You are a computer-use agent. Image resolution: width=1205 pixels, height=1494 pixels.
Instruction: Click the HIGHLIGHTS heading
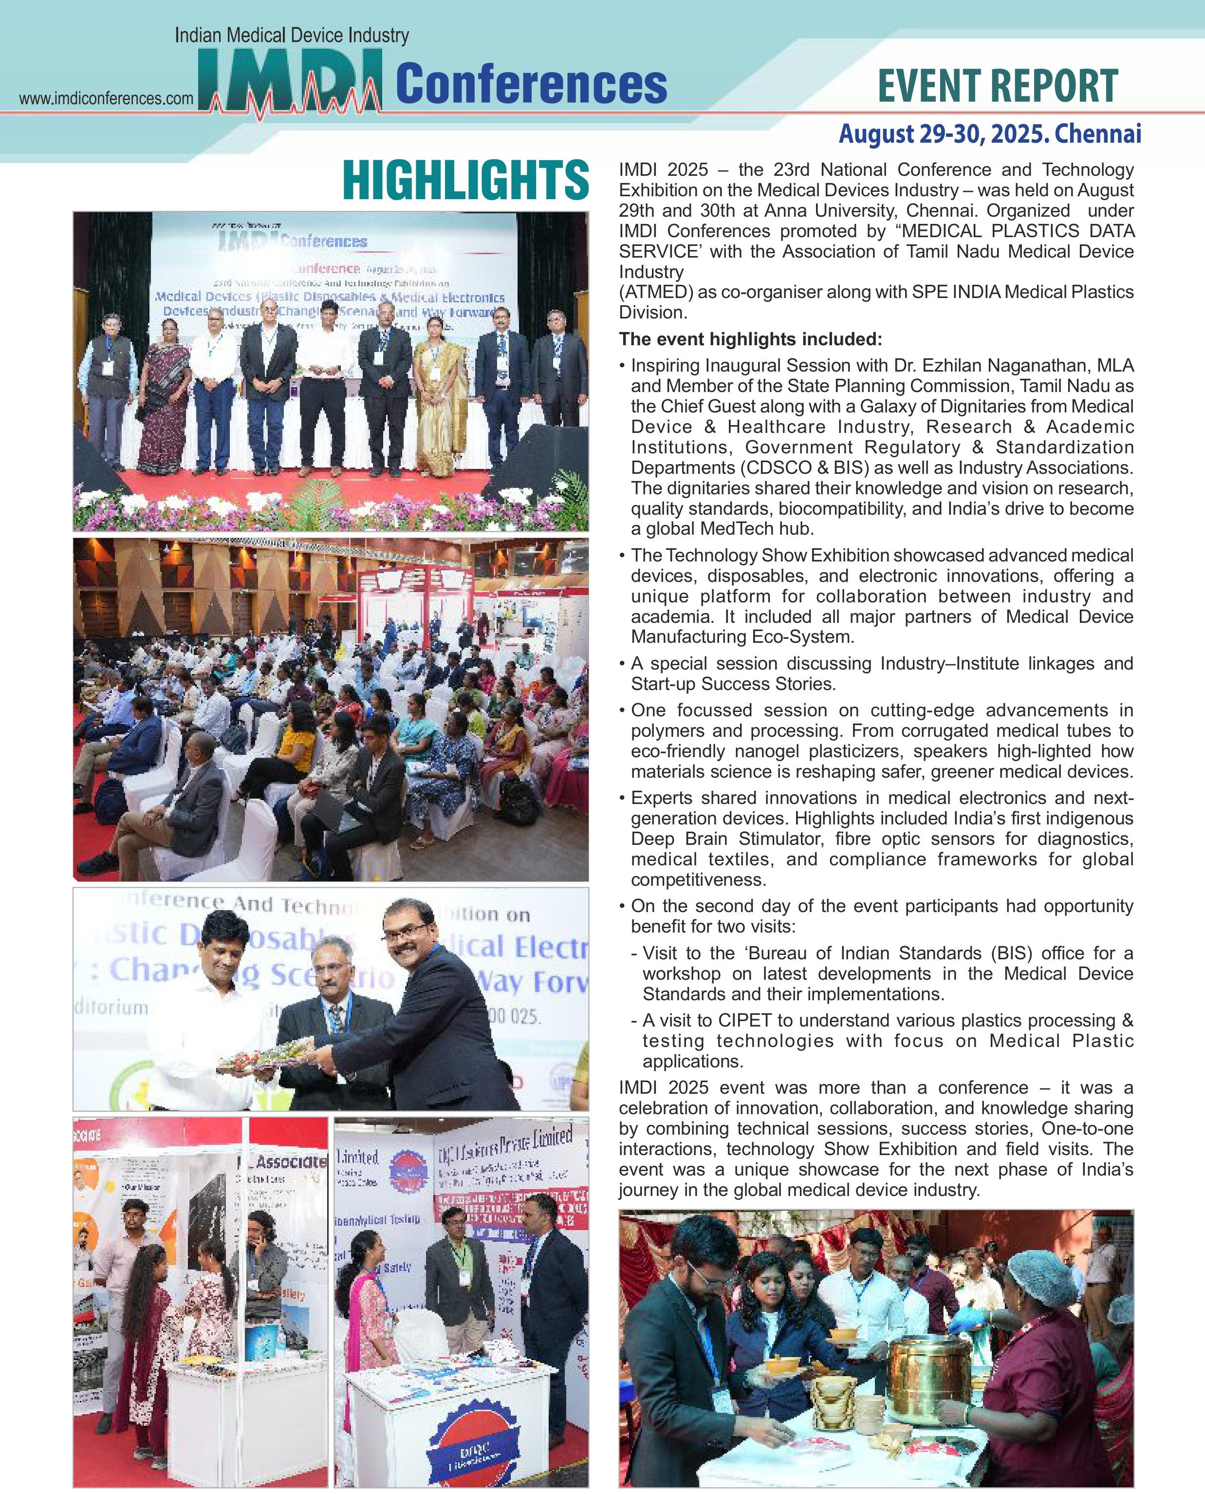coord(465,179)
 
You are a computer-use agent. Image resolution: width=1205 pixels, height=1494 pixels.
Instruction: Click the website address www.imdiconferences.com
coord(106,98)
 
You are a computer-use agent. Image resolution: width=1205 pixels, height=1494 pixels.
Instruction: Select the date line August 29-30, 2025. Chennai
coord(990,133)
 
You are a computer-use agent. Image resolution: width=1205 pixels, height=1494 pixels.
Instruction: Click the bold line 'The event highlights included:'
coord(750,339)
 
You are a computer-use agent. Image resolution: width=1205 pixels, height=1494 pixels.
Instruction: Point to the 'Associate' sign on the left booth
coord(290,1161)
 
